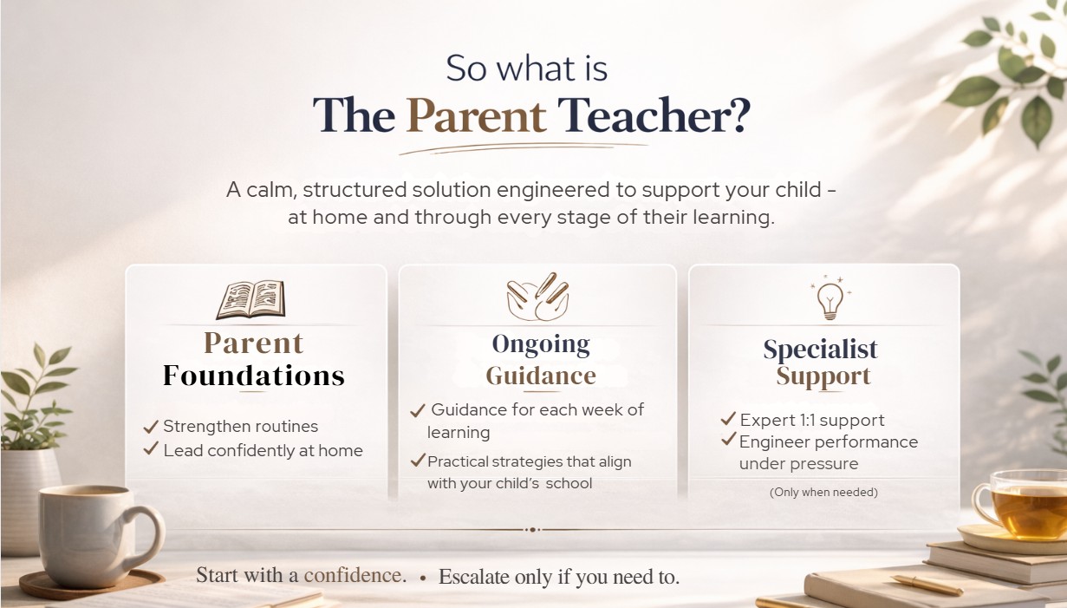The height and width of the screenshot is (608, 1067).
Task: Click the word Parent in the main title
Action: (476, 115)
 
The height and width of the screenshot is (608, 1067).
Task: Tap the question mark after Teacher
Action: (739, 114)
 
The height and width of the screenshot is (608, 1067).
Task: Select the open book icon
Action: (251, 299)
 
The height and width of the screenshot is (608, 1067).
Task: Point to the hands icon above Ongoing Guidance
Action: (537, 297)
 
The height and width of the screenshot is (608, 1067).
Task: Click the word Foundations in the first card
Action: (253, 376)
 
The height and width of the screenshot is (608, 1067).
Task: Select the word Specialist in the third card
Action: (820, 349)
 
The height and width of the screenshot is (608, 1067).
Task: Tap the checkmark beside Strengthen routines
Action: (151, 427)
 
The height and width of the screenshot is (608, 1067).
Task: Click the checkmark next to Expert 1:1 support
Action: (728, 418)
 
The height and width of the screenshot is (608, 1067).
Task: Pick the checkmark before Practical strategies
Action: (418, 461)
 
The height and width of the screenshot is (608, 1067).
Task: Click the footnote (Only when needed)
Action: (823, 493)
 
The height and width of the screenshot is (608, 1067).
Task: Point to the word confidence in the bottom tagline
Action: (353, 575)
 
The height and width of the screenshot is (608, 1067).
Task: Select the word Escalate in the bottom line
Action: (473, 577)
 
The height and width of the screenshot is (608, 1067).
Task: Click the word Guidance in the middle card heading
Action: (541, 376)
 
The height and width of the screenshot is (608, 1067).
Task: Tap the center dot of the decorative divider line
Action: (532, 529)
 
